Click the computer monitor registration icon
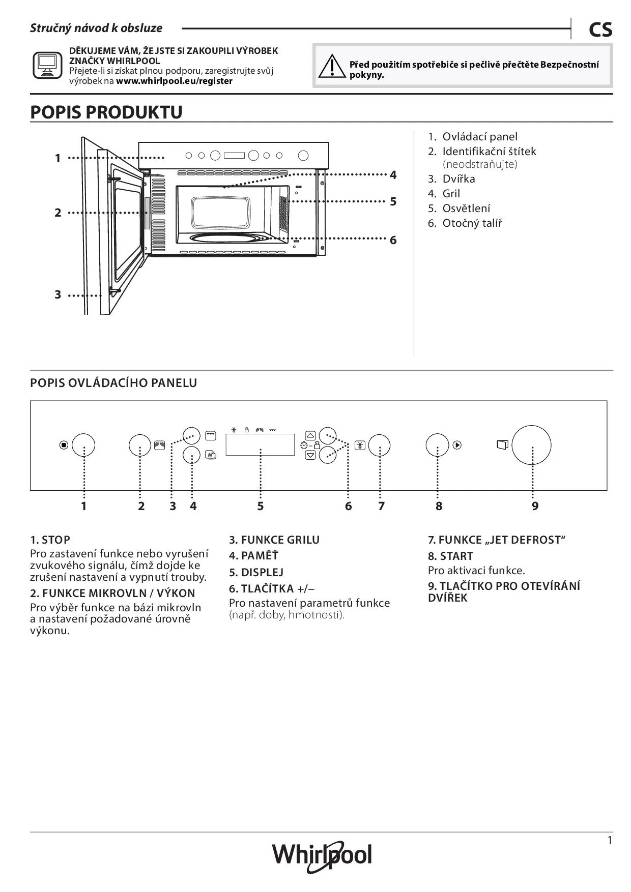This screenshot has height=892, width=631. (x=47, y=65)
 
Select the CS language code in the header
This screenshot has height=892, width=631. (x=600, y=30)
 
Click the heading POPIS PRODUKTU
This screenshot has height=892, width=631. (x=106, y=112)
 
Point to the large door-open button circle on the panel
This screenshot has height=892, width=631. (x=531, y=445)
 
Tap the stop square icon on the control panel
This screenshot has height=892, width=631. (x=64, y=445)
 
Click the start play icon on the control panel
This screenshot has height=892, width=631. (x=457, y=445)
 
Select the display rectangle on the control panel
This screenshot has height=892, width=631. (x=260, y=444)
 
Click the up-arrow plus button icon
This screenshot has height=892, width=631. (x=310, y=436)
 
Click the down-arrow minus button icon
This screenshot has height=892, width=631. (x=310, y=455)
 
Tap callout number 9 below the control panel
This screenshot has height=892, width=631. (x=535, y=506)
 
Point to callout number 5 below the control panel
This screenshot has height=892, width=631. (x=260, y=506)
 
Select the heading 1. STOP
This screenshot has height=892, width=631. (x=50, y=540)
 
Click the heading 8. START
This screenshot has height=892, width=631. (x=450, y=556)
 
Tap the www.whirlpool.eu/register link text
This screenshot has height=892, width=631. (x=174, y=81)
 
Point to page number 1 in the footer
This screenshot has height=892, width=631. (x=610, y=840)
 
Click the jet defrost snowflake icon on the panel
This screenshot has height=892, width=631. (x=360, y=445)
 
